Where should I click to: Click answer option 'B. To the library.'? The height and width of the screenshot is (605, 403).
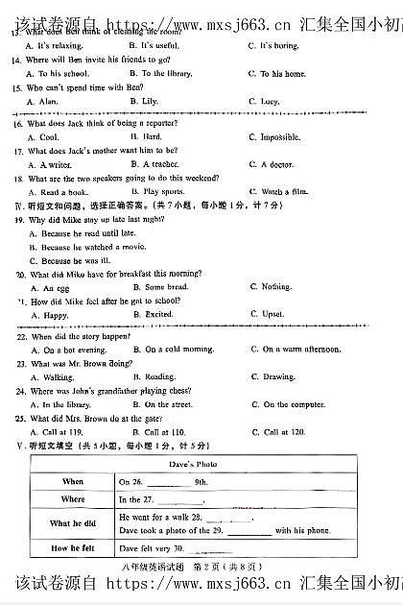pyautogui.click(x=164, y=73)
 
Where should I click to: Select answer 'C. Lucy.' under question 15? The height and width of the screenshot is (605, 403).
pyautogui.click(x=264, y=101)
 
